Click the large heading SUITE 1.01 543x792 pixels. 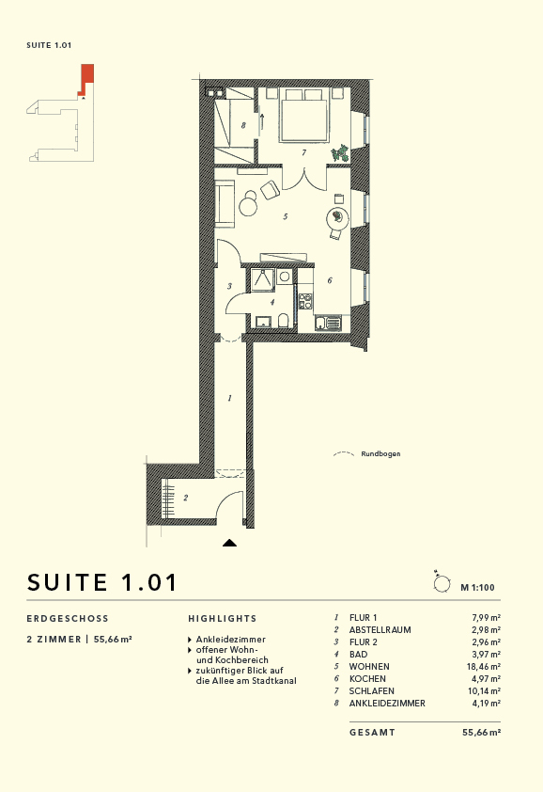(102, 581)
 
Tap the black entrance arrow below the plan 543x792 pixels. (230, 543)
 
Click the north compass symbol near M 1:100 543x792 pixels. (441, 583)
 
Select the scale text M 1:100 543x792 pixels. (478, 587)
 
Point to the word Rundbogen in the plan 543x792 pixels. (380, 453)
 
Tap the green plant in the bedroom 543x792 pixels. (339, 152)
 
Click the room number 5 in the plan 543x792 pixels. (285, 216)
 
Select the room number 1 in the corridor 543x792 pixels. (230, 399)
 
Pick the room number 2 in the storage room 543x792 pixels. (186, 498)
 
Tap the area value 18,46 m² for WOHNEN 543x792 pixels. (486, 666)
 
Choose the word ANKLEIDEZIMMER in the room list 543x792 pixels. (387, 703)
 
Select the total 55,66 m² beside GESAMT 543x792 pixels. (481, 732)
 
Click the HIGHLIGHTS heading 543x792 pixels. (222, 619)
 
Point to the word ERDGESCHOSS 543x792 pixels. (69, 619)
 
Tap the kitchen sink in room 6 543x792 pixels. (322, 324)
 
